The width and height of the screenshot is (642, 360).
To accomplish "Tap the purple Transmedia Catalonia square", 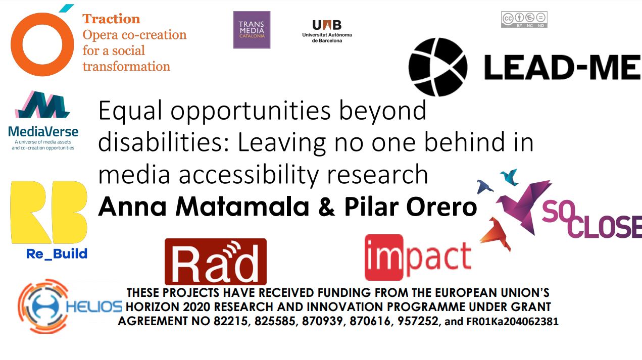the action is pos(252,30).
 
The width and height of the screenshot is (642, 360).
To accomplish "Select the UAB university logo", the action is pos(327,31).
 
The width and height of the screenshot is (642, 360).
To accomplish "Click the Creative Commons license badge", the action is pos(524,20).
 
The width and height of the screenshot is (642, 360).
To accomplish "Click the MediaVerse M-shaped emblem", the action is pos(42,105).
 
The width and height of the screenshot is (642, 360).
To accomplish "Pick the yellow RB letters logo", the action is pos(48,212).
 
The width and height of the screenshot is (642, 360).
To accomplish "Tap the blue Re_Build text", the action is pos(57,254).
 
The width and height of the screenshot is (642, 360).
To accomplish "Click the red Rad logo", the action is pos(216,262).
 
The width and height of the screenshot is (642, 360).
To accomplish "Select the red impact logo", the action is pos(418,257).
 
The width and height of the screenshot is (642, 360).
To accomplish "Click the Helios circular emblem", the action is pos(43,306).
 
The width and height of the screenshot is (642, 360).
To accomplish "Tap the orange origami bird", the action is pos(495,233).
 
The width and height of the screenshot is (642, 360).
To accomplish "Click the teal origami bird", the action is pos(510,177).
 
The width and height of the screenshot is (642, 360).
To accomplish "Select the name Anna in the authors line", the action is pos(132,207).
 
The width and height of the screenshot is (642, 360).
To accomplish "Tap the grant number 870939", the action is pos(322,321).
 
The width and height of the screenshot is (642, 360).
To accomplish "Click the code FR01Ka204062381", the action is pos(513,321).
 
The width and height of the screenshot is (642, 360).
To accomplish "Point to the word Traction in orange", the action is pos(111,19).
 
